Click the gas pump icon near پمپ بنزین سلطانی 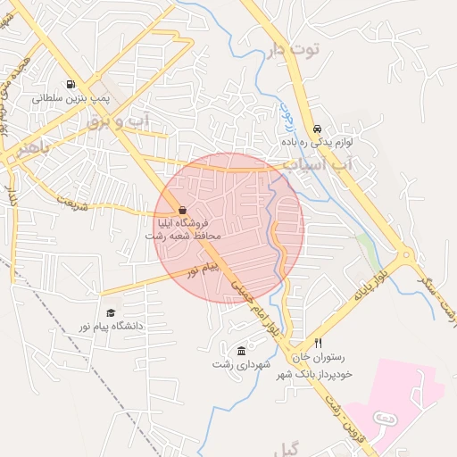tap(71, 83)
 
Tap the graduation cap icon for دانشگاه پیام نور tap(111, 312)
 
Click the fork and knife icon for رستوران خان tap(317, 344)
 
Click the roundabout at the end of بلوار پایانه tap(407, 258)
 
